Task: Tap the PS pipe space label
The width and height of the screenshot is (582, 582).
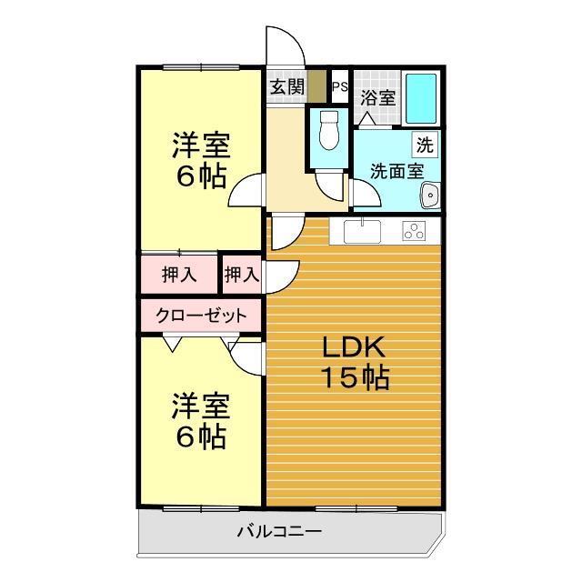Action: coord(340,87)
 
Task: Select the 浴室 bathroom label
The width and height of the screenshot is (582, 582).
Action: coord(377,97)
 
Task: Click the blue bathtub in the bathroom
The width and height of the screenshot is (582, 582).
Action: coord(420,95)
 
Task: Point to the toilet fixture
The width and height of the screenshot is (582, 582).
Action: coord(328,132)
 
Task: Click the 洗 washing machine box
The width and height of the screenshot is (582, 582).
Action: coord(425,143)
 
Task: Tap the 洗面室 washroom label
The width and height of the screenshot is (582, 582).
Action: coord(396,169)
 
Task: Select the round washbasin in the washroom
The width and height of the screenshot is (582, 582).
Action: coord(429,194)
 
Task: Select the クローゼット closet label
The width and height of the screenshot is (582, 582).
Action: coord(201,316)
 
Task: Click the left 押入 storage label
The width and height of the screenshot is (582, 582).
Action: coord(178,274)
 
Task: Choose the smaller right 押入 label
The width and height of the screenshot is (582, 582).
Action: coord(242,274)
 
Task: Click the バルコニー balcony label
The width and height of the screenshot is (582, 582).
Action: coord(279,532)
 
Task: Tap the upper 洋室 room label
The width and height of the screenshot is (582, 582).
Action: coord(201,145)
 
